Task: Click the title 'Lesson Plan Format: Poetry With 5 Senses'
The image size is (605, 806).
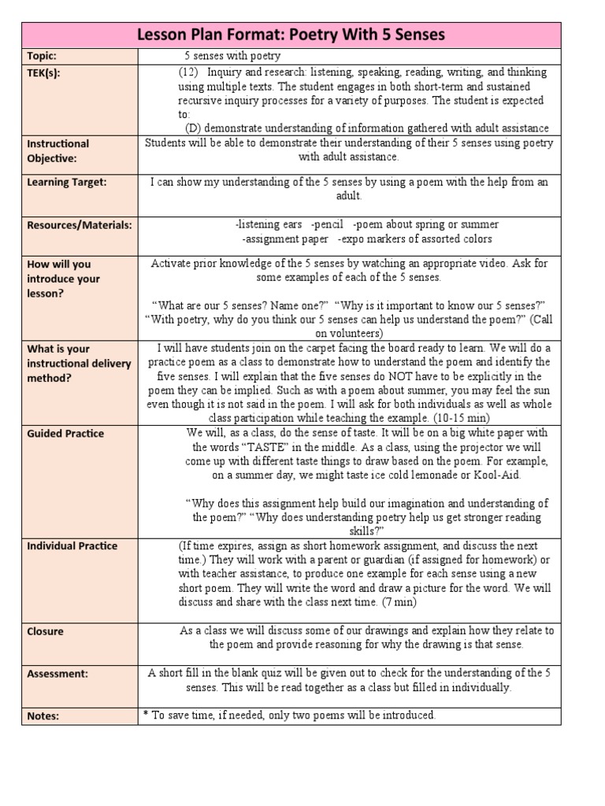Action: tap(291, 35)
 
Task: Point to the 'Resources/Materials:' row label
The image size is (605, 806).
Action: tap(80, 224)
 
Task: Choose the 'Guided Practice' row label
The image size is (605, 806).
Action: tap(65, 433)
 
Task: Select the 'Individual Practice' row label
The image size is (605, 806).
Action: tap(72, 545)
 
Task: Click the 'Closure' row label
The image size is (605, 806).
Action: tap(45, 631)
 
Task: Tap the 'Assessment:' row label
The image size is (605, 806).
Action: tap(58, 674)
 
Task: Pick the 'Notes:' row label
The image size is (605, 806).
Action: tap(43, 715)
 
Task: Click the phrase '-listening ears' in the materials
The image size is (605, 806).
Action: tap(269, 224)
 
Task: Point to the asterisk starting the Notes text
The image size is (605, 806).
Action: tap(145, 715)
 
